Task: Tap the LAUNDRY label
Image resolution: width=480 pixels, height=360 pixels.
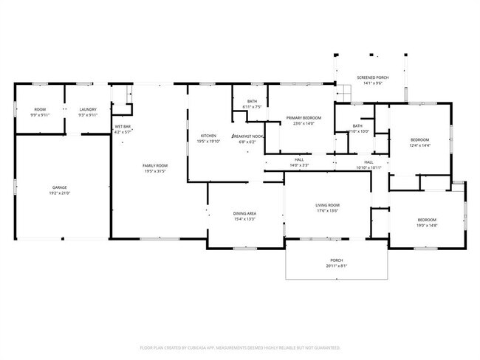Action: (x=88, y=109)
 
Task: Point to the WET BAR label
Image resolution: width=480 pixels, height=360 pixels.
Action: (x=123, y=127)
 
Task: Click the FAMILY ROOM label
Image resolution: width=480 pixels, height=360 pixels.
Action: (x=155, y=165)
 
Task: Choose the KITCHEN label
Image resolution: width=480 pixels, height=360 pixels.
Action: (x=208, y=136)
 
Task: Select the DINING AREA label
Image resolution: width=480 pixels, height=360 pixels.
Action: (x=244, y=213)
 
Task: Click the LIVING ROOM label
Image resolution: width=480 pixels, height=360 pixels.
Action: (x=327, y=205)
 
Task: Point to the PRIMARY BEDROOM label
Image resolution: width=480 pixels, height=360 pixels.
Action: (x=304, y=118)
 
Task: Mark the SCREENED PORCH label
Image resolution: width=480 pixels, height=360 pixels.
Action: (x=373, y=77)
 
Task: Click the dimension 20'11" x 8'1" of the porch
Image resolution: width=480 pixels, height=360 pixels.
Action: (x=336, y=266)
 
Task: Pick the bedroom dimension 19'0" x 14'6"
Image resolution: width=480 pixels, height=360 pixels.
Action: (x=427, y=226)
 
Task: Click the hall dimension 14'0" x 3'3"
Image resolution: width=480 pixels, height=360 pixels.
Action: (x=299, y=165)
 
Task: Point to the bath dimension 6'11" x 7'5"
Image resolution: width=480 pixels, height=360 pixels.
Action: (x=253, y=107)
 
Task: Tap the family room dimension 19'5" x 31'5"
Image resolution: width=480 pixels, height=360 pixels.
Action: (x=155, y=171)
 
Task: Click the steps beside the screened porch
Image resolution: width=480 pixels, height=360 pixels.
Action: (x=344, y=91)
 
